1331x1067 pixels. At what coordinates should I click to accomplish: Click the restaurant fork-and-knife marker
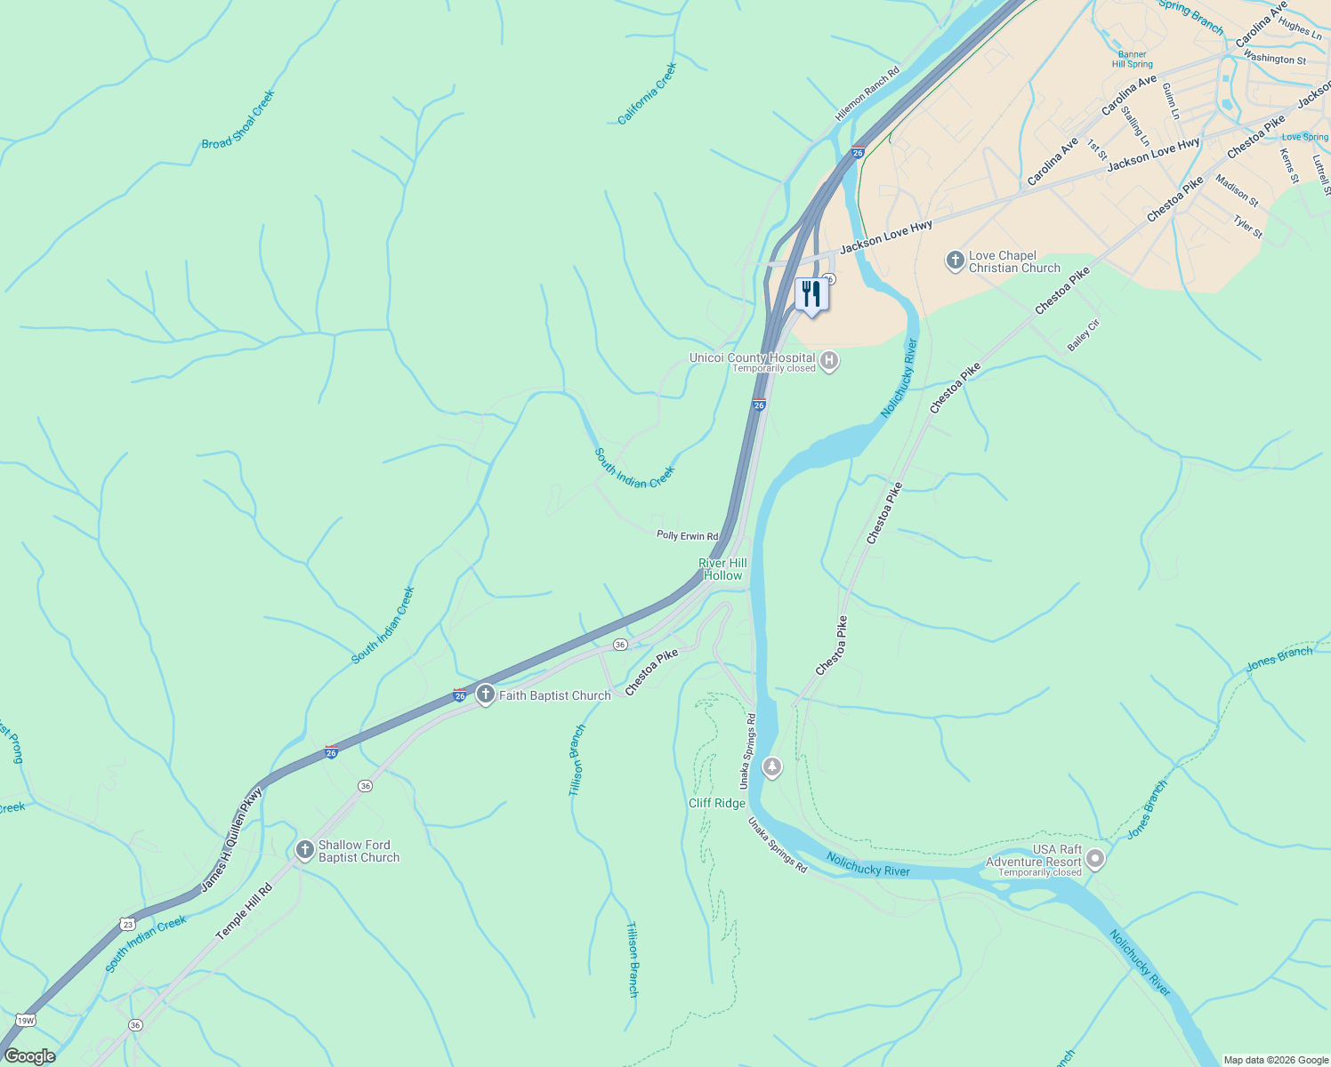pos(811,293)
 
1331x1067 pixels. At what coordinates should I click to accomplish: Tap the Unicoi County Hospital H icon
pos(829,360)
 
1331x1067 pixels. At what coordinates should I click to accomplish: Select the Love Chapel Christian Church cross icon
pos(955,261)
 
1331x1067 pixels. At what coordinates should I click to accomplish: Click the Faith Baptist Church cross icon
pos(485,694)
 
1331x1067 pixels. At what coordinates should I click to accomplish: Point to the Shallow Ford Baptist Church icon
pos(304,850)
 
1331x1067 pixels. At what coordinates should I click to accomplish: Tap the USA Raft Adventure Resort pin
pos(1095,859)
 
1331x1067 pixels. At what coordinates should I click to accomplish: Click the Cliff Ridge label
pos(717,803)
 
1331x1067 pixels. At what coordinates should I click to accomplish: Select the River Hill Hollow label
pos(722,569)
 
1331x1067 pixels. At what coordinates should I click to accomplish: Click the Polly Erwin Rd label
pos(687,535)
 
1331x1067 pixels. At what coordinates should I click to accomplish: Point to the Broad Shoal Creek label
pos(238,120)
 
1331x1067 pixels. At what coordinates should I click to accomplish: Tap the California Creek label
pos(648,93)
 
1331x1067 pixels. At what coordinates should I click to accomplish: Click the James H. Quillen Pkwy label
pos(231,840)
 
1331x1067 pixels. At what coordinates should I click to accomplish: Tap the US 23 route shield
pos(127,924)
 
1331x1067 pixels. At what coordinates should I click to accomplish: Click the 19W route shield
pos(25,1020)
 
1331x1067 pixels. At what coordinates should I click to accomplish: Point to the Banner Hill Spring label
pos(1133,60)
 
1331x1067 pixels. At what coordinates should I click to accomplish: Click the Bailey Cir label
pos(1084,335)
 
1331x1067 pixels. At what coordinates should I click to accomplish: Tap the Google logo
pos(30,1056)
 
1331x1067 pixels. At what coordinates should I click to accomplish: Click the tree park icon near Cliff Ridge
pos(772,766)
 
